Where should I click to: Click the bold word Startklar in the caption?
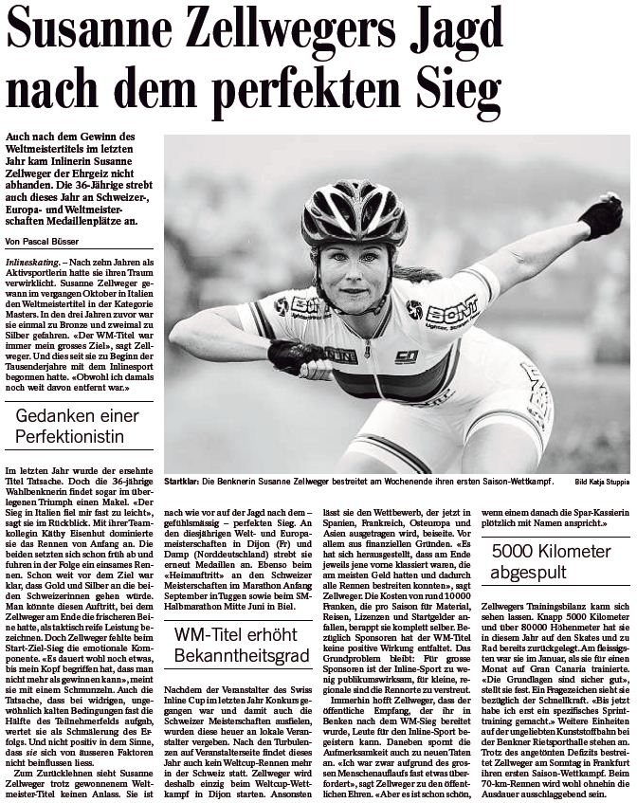(182, 482)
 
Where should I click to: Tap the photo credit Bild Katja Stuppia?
(601, 483)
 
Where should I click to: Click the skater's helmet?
(355, 213)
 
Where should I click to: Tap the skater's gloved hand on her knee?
(292, 356)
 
